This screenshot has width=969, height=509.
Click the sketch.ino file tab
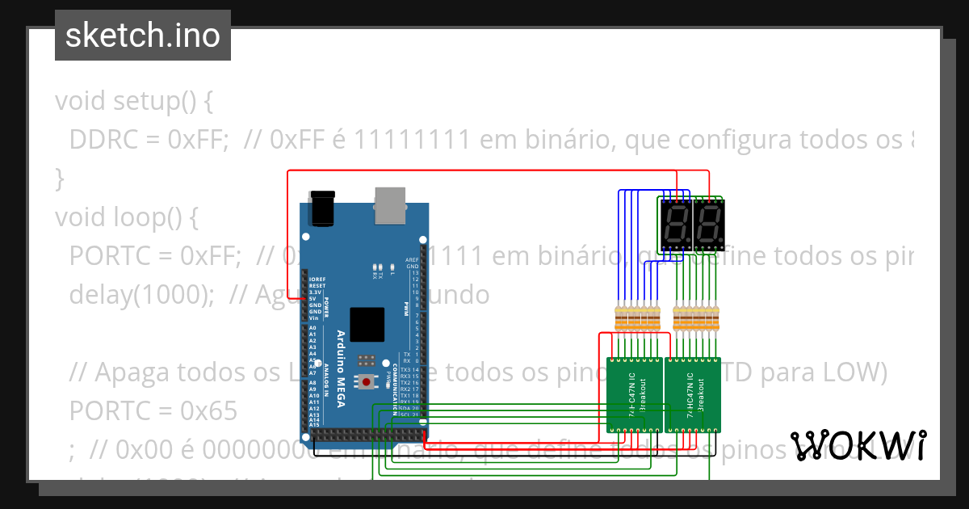coord(142,36)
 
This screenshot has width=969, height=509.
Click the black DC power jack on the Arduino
coord(322,208)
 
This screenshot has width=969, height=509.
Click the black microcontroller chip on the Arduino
coord(367,324)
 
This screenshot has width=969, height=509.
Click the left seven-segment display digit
coord(675,225)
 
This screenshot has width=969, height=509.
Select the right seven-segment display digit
coord(708,225)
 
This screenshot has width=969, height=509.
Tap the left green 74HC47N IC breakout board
coord(635,395)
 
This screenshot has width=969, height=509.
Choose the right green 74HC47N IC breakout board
coord(694,395)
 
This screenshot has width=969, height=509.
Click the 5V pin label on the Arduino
coord(312,298)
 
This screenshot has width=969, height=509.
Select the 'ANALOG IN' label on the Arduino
coord(327,376)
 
